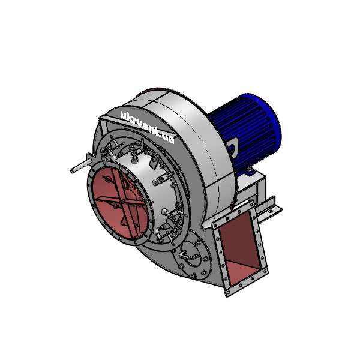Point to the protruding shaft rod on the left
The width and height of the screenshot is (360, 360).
[79, 165]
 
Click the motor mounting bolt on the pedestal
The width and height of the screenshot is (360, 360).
[247, 172]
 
